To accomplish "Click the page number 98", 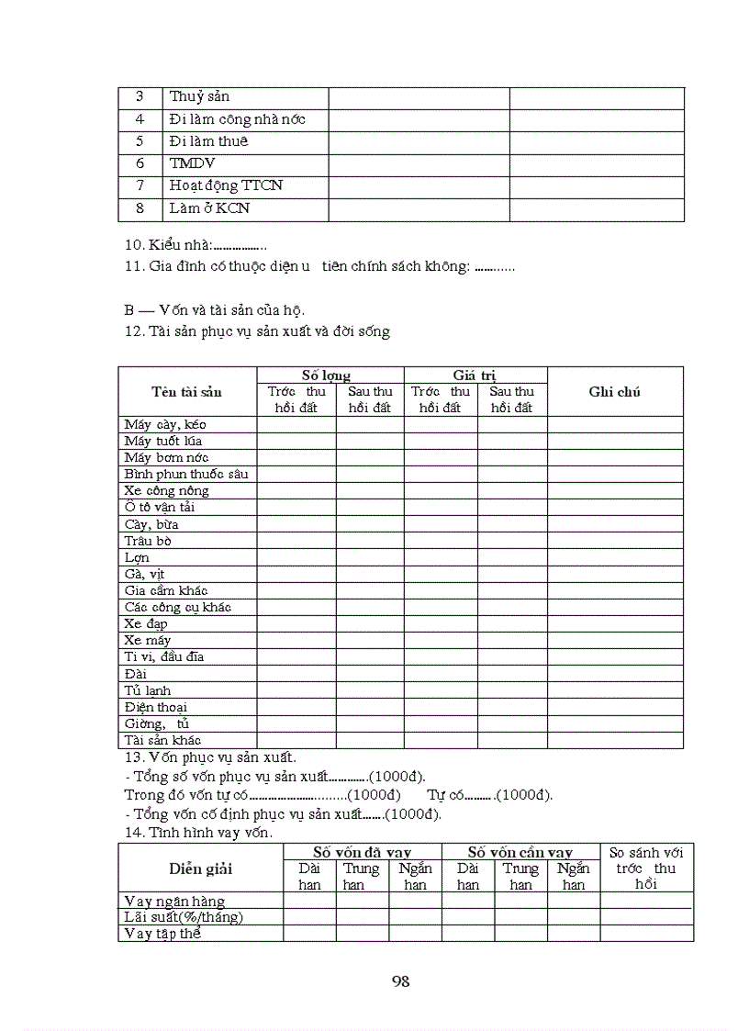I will click(x=400, y=981).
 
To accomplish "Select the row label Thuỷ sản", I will click(x=199, y=97).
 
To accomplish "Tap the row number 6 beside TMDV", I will click(x=140, y=163).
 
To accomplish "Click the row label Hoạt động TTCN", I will click(x=226, y=185).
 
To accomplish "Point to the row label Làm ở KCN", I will click(x=209, y=208).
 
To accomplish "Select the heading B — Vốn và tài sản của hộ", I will click(x=214, y=309).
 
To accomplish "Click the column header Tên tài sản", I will click(x=186, y=392).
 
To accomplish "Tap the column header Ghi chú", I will click(x=614, y=392).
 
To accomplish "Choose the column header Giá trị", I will click(x=475, y=375).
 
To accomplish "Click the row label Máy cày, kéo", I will click(x=165, y=424).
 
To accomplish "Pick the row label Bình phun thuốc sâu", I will click(x=186, y=475).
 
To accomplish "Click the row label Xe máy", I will click(x=147, y=640).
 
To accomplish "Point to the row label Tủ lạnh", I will click(x=147, y=690).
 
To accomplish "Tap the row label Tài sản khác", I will click(x=162, y=740).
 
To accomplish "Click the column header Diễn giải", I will click(x=200, y=869).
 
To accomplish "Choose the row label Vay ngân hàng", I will click(x=173, y=902).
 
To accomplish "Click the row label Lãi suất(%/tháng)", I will click(x=184, y=917).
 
